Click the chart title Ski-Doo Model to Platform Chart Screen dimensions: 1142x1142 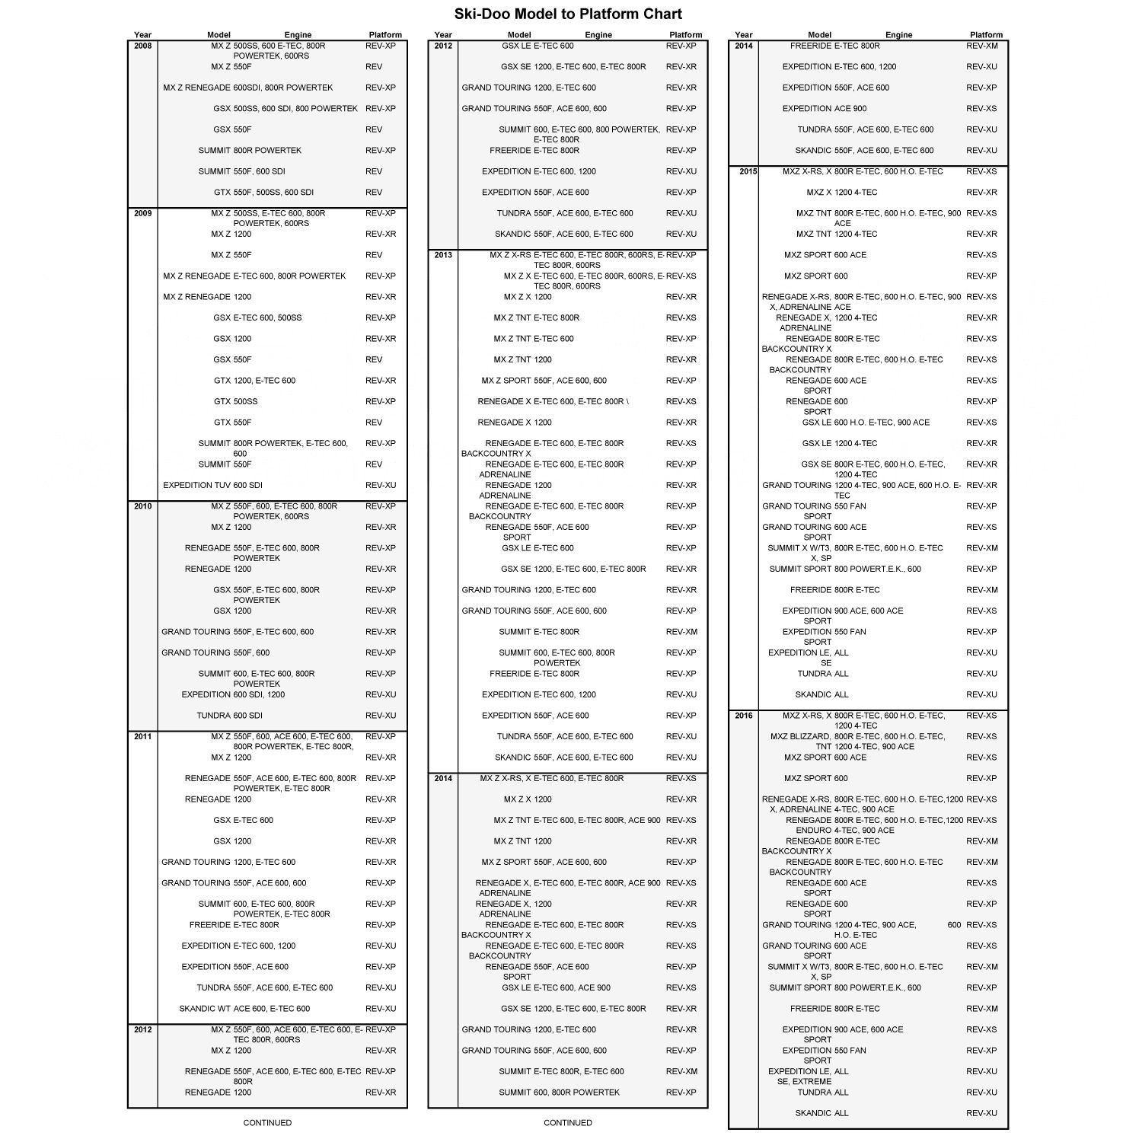pos(568,14)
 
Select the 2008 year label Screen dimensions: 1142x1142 pos(142,46)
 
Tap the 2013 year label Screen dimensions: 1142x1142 pos(443,255)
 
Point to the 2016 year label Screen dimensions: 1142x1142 pos(744,716)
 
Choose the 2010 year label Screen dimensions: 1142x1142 pos(142,506)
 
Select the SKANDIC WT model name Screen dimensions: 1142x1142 pos(204,1009)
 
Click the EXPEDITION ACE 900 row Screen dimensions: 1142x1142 pos(824,108)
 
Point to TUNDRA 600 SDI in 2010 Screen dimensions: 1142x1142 pos(229,716)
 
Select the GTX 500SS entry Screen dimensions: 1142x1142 pos(235,401)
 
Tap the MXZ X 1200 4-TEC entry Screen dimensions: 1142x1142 pos(841,192)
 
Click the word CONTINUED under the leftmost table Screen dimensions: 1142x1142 pos(267,1122)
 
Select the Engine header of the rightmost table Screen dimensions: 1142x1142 pos(898,34)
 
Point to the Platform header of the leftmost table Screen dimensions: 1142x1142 pos(385,34)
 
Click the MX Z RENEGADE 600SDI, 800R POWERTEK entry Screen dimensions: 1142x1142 pos(247,88)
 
